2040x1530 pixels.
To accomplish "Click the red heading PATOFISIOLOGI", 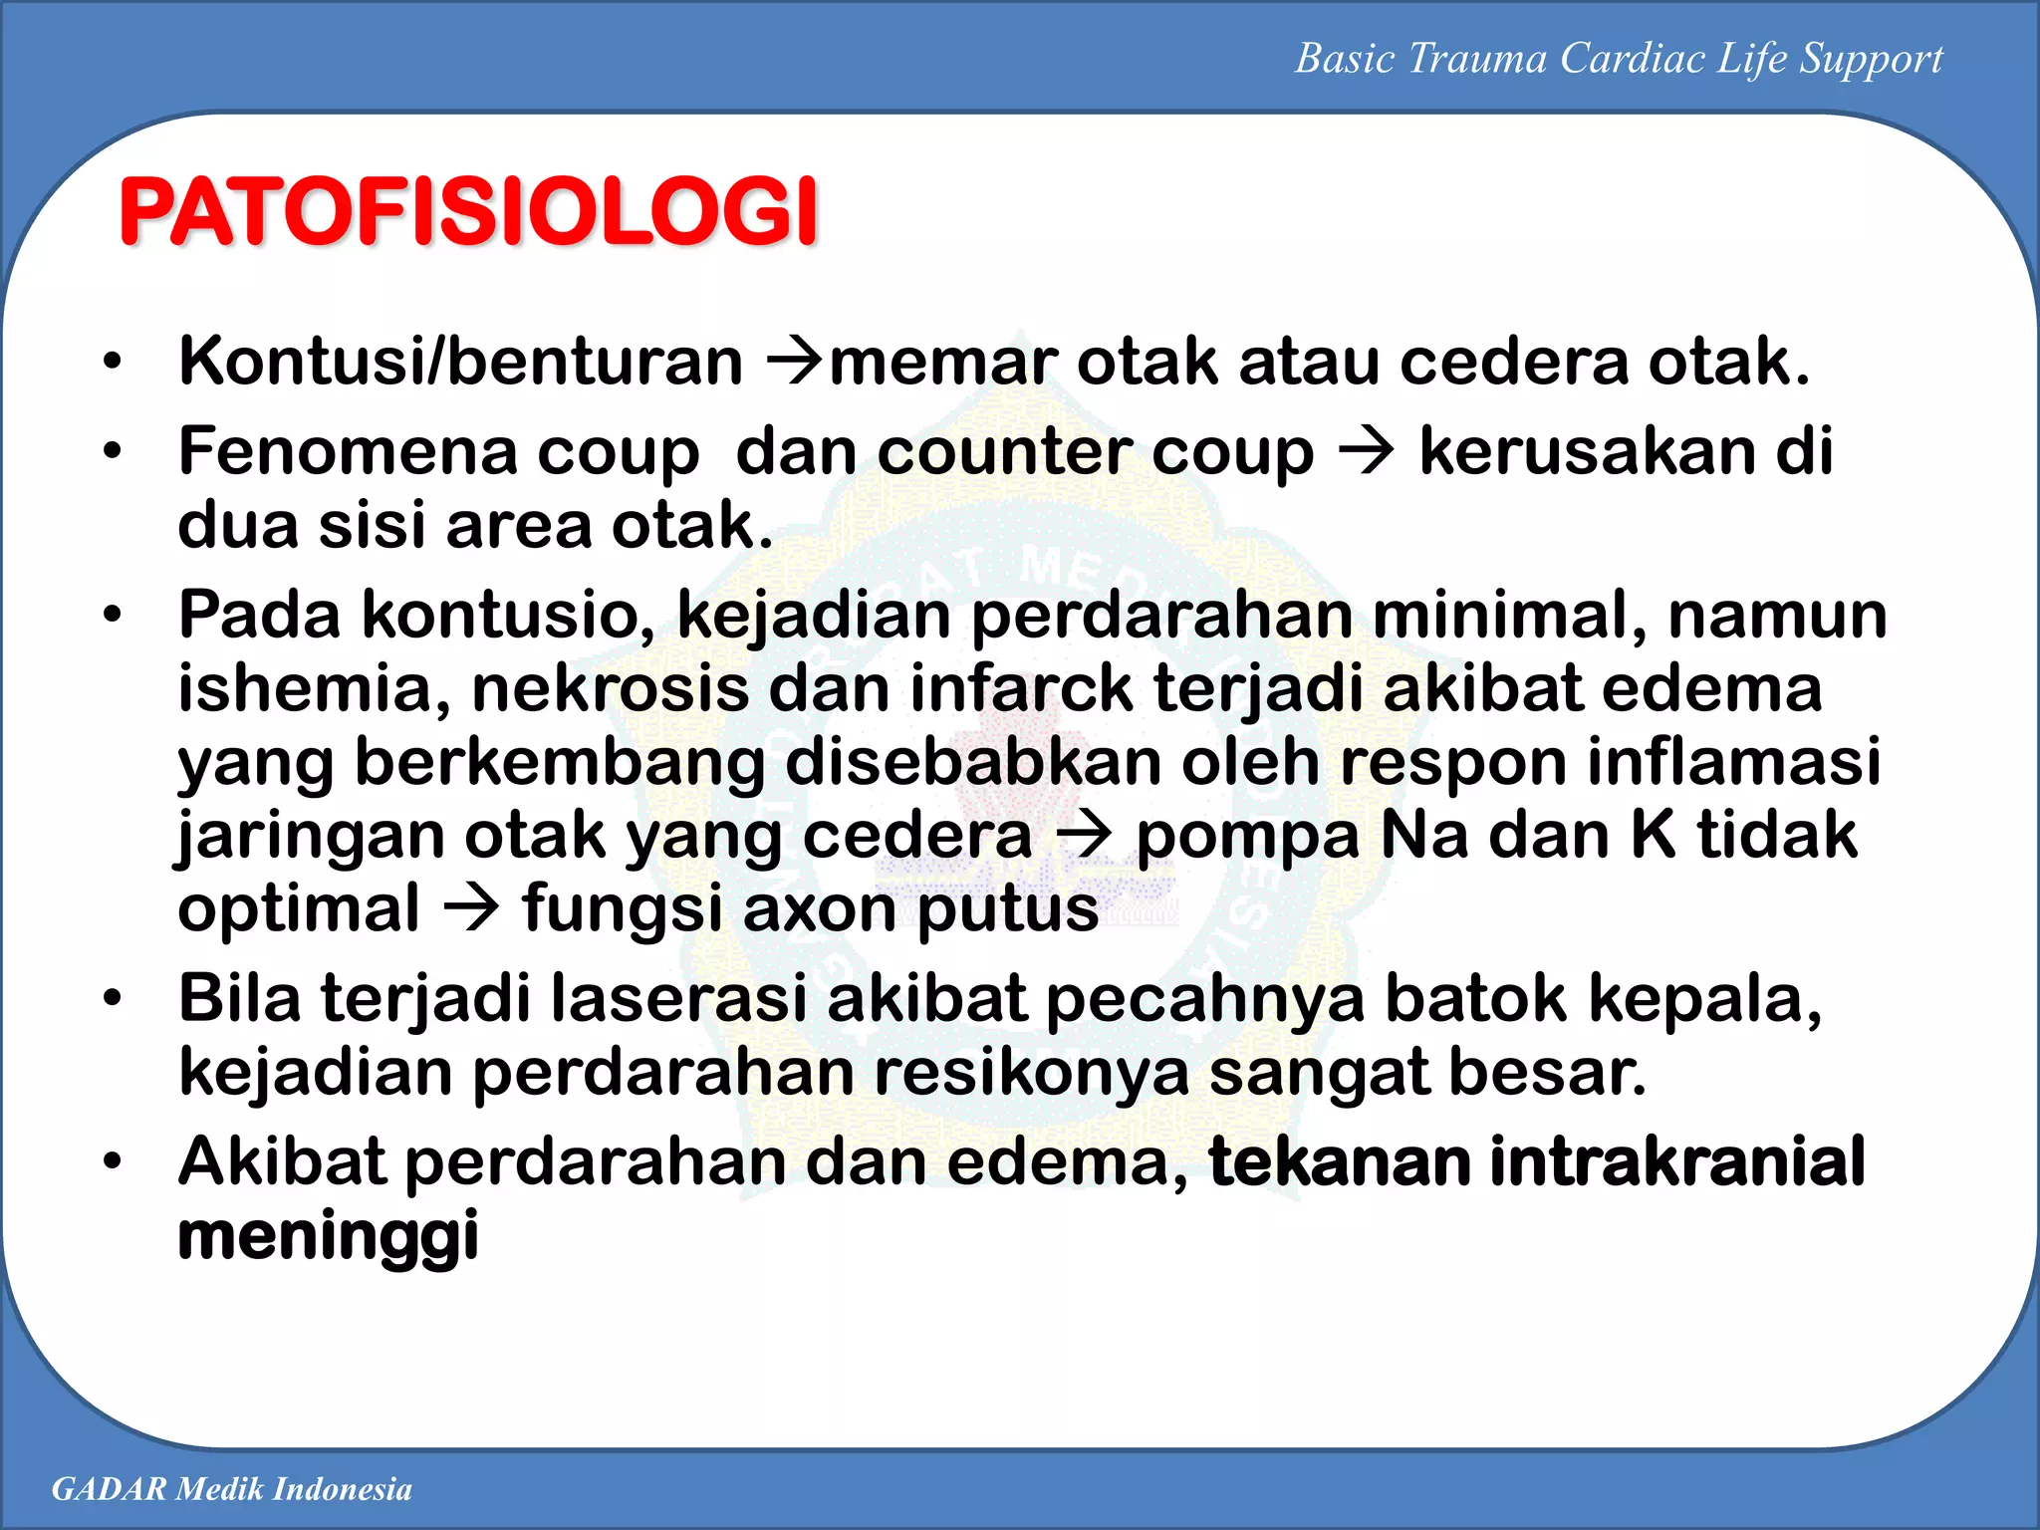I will pos(468,212).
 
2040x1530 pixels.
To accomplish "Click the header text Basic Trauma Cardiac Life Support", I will pos(1618,59).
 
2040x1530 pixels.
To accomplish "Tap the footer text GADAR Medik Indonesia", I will pos(231,1489).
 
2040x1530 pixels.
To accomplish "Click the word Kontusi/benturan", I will pos(460,362).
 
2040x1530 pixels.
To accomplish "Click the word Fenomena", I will pos(346,451).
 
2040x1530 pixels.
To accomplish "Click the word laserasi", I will pos(677,999).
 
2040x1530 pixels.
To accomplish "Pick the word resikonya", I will pos(1031,1073).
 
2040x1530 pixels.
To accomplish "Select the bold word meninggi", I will pos(328,1236).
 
